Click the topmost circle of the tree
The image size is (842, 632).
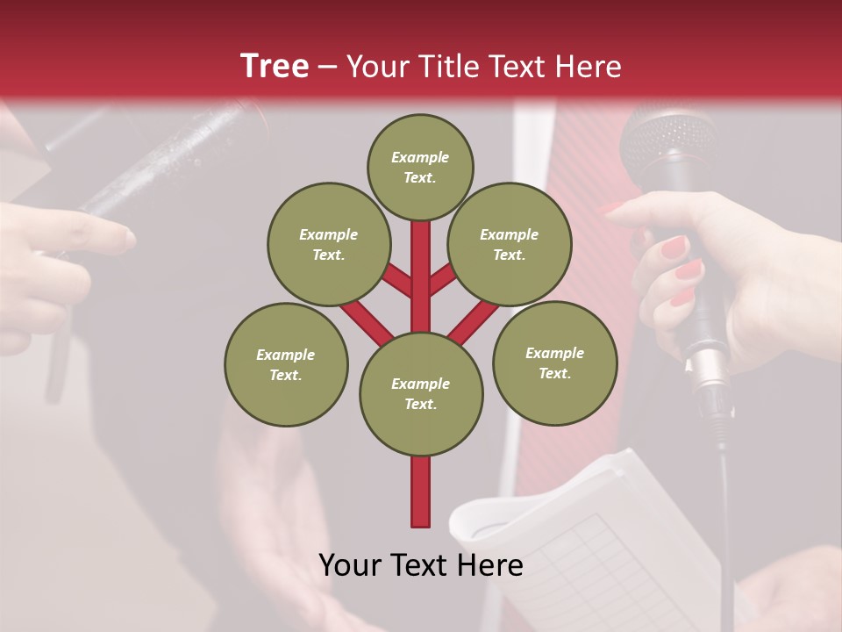pyautogui.click(x=420, y=167)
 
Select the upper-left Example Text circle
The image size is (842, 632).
pyautogui.click(x=328, y=244)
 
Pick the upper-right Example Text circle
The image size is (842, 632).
pyautogui.click(x=510, y=244)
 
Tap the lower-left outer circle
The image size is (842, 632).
pyautogui.click(x=286, y=364)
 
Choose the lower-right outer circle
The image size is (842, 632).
pyautogui.click(x=554, y=363)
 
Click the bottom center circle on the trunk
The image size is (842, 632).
pyautogui.click(x=421, y=394)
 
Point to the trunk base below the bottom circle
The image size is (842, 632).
pyautogui.click(x=421, y=492)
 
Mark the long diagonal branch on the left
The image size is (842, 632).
pyautogui.click(x=367, y=322)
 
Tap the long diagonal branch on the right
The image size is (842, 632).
pyautogui.click(x=474, y=322)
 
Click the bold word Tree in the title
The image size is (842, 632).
pyautogui.click(x=275, y=66)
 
